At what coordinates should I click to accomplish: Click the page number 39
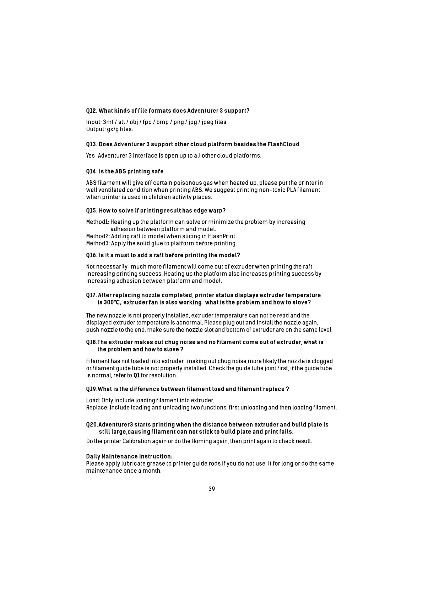(x=212, y=489)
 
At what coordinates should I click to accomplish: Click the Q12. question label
(x=92, y=111)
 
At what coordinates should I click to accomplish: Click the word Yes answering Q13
(x=91, y=155)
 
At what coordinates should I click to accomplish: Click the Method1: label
(x=97, y=222)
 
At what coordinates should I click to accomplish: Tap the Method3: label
(x=98, y=243)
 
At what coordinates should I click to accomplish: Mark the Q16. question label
(x=92, y=255)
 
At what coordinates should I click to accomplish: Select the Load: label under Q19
(x=93, y=401)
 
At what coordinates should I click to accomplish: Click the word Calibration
(x=136, y=441)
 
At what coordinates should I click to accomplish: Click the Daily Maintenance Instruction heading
(x=129, y=456)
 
